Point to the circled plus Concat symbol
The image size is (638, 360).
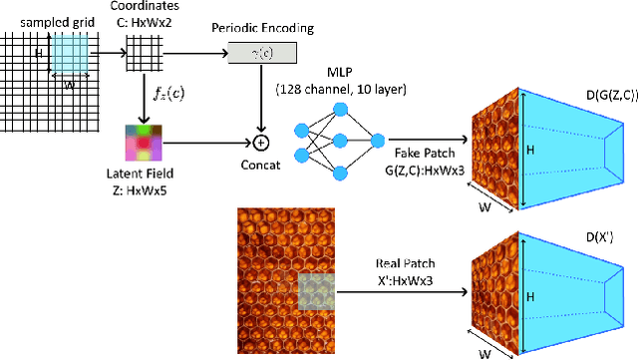[x=263, y=141]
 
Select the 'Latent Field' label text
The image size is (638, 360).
[x=145, y=177]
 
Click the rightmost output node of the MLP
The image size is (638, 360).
[x=377, y=143]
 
